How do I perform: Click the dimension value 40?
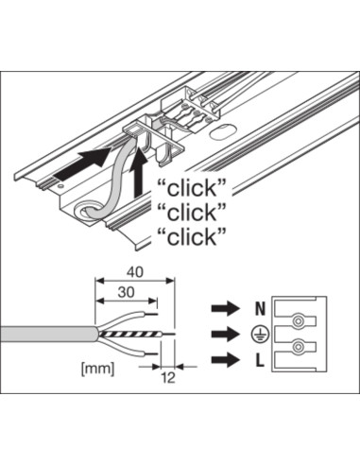click(135, 272)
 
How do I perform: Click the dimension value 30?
click(126, 293)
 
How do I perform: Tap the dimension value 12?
click(168, 378)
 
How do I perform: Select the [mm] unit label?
click(97, 369)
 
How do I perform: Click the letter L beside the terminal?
click(259, 361)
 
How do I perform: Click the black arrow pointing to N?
click(226, 308)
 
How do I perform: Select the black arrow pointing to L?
click(226, 360)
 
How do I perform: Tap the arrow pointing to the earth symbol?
click(226, 334)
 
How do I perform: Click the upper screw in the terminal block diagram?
click(298, 321)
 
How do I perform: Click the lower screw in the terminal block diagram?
click(298, 347)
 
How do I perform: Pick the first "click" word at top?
click(192, 188)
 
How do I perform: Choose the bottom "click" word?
click(192, 237)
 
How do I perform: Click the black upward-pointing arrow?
click(138, 173)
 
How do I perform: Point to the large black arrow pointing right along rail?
click(82, 164)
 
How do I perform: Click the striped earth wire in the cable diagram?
click(130, 335)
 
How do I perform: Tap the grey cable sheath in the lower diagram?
click(49, 335)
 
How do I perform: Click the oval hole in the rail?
click(223, 132)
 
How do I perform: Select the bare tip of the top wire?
click(151, 314)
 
